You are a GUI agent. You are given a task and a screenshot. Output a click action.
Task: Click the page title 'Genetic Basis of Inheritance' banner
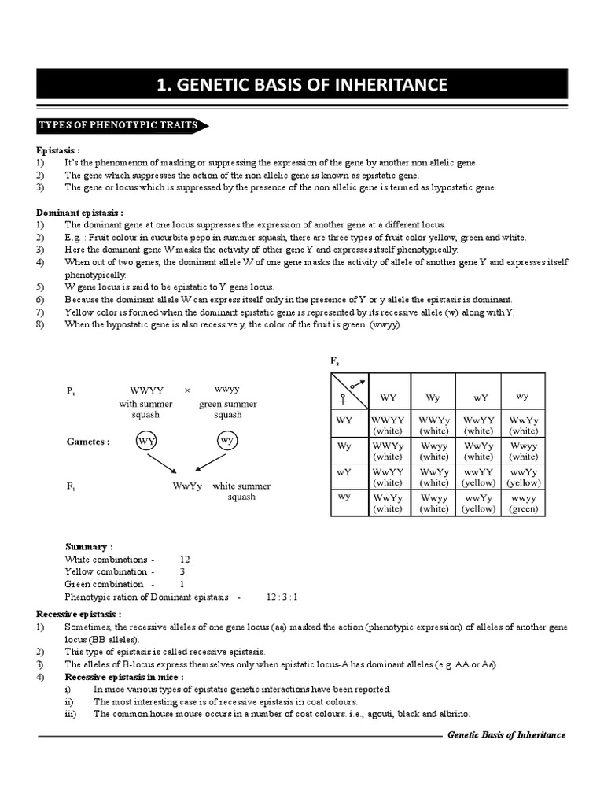302,85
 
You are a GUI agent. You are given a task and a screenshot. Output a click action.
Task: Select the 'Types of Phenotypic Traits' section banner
120,125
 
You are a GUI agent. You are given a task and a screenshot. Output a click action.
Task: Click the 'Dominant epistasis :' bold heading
79,213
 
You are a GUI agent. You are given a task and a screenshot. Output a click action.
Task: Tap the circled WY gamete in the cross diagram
147,441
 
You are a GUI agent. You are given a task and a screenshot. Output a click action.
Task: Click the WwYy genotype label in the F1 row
187,486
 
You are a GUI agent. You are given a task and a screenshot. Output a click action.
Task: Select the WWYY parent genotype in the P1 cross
147,390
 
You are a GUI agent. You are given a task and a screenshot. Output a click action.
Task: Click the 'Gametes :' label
88,442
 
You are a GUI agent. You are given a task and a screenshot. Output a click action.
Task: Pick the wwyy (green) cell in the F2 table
523,503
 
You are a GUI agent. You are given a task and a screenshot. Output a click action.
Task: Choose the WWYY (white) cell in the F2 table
388,426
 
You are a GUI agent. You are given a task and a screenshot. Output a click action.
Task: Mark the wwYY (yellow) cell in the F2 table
478,477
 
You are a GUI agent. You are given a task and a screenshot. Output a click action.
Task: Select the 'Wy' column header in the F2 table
433,397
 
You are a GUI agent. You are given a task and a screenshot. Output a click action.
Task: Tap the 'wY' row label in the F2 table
344,472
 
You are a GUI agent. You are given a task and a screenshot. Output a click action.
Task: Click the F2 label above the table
333,360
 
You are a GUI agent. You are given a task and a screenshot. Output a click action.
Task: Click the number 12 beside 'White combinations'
185,559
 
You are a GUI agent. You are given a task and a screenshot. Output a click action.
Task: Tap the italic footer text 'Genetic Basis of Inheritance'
506,734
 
